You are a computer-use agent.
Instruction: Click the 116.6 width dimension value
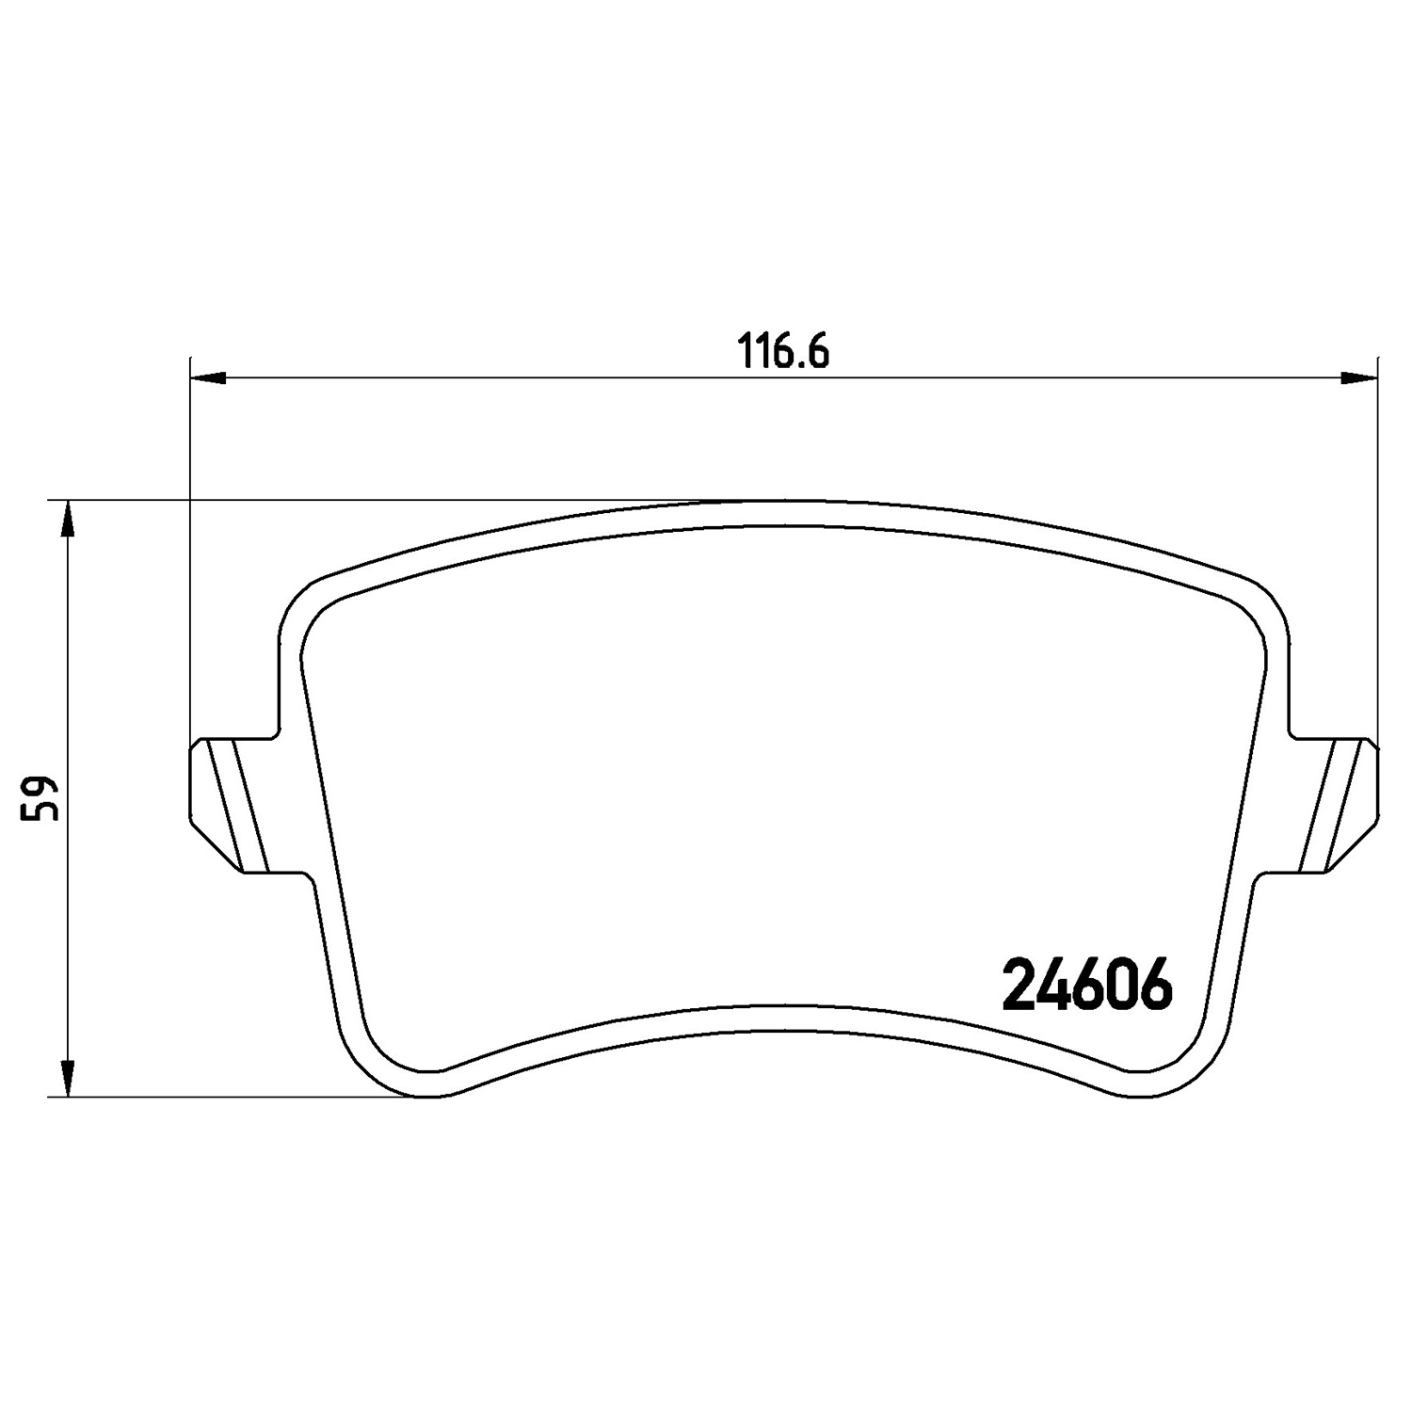782,352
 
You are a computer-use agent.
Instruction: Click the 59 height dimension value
42,798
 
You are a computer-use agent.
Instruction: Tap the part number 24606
1087,985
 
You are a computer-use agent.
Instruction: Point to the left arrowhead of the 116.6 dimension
209,378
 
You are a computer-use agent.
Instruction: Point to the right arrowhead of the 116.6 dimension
1358,378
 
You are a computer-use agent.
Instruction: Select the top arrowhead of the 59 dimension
66,520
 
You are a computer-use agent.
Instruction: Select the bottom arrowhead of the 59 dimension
66,1078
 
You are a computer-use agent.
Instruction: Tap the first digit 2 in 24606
1019,985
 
